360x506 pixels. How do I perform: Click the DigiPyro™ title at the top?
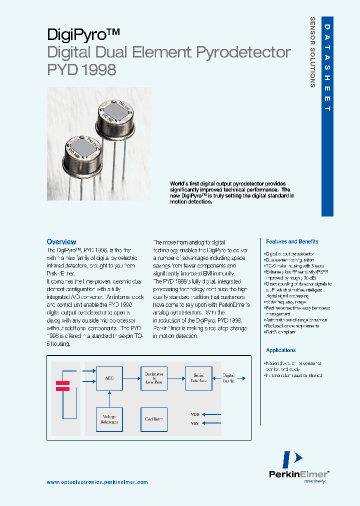(x=83, y=34)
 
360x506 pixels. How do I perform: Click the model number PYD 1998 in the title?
(x=81, y=69)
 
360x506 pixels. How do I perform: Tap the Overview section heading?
(x=61, y=241)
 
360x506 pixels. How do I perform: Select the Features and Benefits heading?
(x=292, y=241)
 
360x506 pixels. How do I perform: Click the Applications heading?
(x=280, y=350)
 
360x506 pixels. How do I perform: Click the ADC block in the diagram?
(x=109, y=378)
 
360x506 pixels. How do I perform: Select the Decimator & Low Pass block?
(x=153, y=378)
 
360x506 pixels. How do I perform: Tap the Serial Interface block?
(x=198, y=378)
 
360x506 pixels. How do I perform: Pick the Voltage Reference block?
(x=109, y=419)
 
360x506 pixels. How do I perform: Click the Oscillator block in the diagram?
(x=153, y=419)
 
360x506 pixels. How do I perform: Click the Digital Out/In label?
(x=228, y=378)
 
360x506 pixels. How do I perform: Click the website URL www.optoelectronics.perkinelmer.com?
(x=97, y=482)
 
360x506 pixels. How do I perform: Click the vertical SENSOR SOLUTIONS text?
(x=312, y=52)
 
